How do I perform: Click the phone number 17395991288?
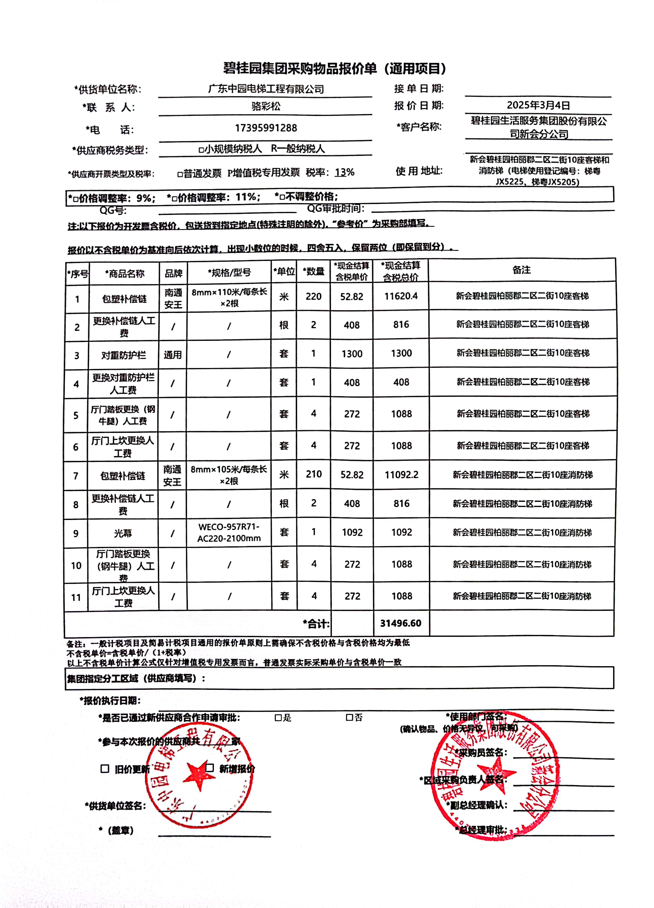coord(266,128)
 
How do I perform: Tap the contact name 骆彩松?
coord(266,106)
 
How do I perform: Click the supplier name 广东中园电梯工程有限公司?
coord(266,89)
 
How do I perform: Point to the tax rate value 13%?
coord(345,172)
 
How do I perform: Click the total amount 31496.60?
coord(401,623)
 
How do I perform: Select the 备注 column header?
coord(522,270)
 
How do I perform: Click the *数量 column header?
coord(313,271)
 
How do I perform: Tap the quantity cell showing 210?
coord(314,474)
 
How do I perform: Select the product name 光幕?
coord(123,533)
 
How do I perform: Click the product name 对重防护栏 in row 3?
coord(124,355)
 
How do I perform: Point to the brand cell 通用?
coord(172,355)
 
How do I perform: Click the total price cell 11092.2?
coord(401,475)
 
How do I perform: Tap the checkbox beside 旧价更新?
coord(105,769)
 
